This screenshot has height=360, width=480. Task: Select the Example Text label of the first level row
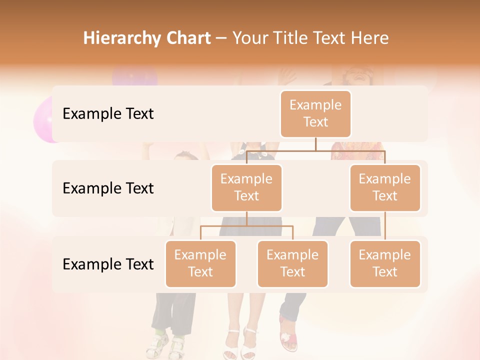tap(108, 114)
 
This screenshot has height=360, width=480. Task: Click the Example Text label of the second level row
tap(108, 188)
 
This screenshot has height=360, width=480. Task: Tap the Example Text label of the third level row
tap(108, 264)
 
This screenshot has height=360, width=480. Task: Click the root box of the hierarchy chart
tap(315, 114)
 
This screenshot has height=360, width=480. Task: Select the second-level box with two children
tap(246, 187)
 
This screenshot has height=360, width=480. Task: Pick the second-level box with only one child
tap(385, 187)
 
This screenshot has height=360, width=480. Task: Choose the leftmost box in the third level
tap(200, 263)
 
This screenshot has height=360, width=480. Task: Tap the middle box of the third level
tap(292, 263)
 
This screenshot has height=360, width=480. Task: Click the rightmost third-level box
tap(385, 263)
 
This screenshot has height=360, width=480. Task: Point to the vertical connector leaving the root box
tap(315, 144)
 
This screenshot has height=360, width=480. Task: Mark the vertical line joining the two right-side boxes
tap(385, 226)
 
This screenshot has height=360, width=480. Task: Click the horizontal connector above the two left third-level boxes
tap(246, 226)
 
